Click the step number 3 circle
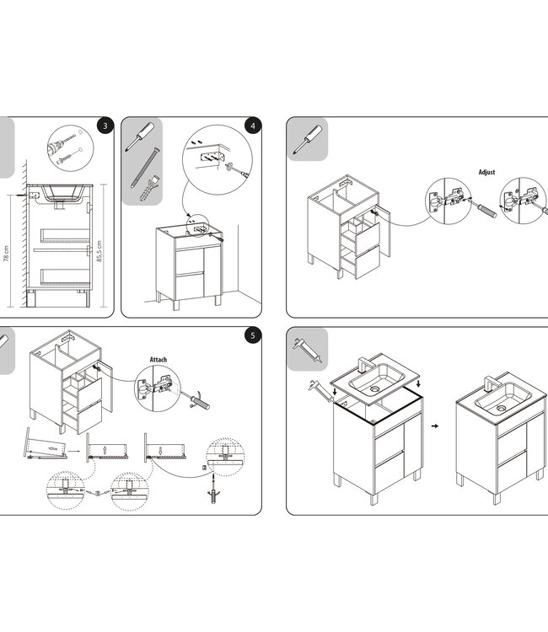point(104,126)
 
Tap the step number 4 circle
point(251,126)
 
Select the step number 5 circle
point(251,336)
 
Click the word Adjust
point(486,172)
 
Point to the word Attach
point(158,360)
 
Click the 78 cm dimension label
point(6,254)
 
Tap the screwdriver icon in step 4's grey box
point(140,136)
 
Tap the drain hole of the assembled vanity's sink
point(502,409)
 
